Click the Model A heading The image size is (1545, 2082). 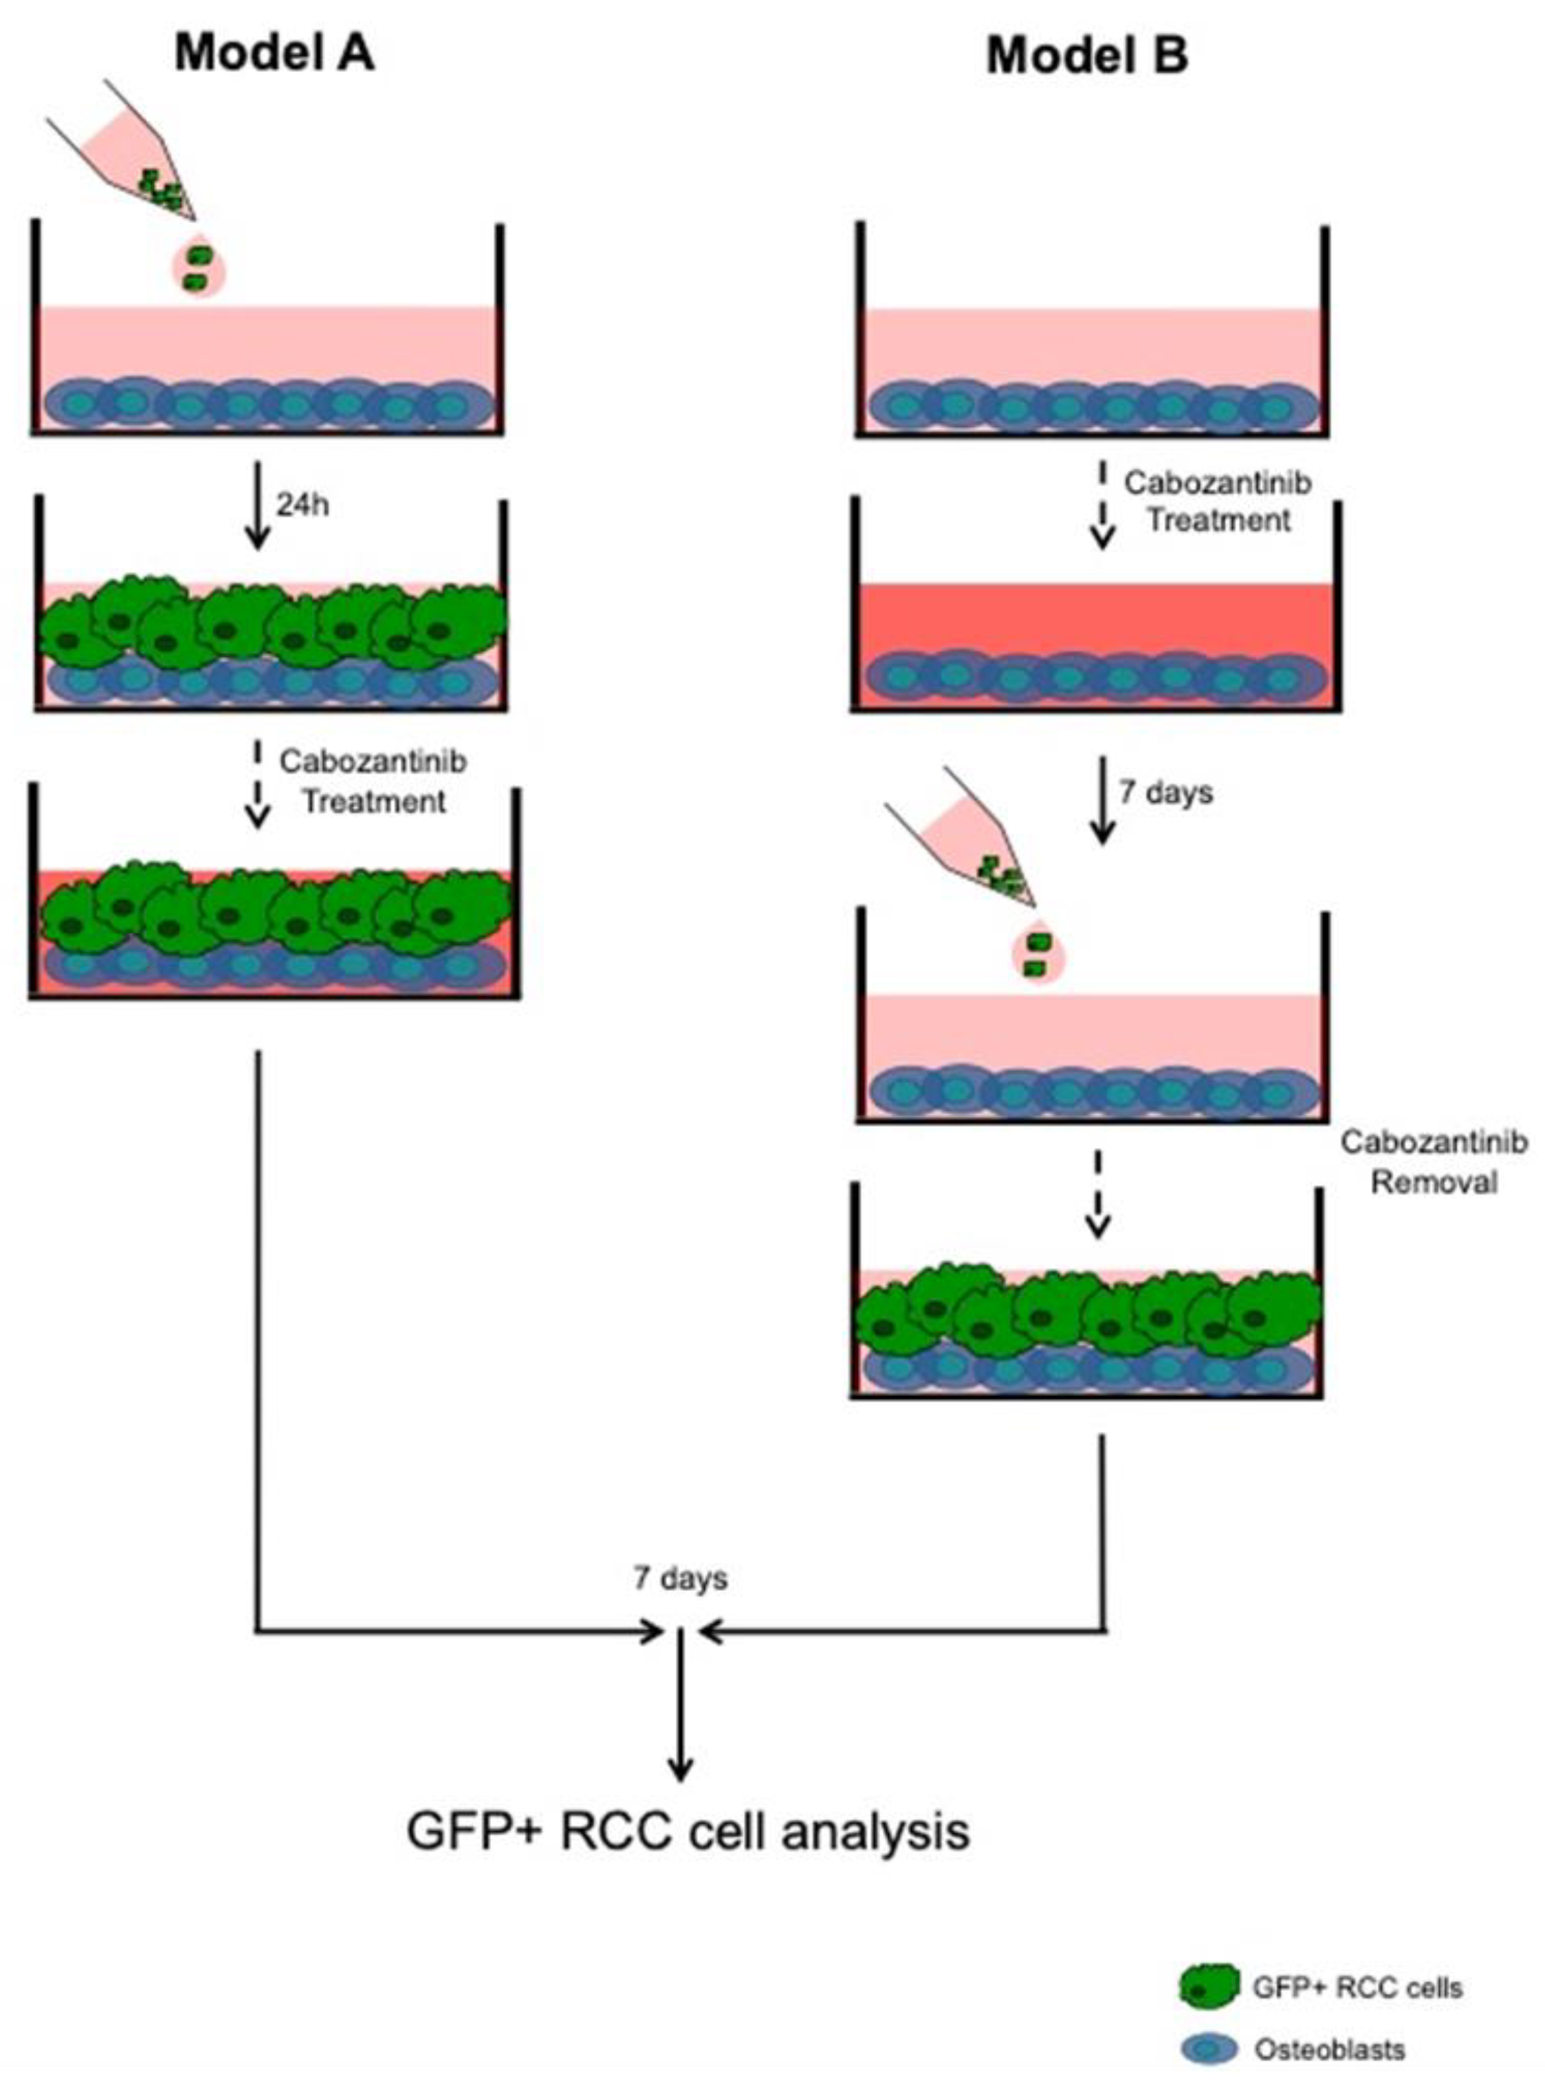click(x=274, y=54)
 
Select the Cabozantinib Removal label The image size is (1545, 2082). click(x=1433, y=1162)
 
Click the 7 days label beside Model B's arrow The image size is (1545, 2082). click(x=1165, y=792)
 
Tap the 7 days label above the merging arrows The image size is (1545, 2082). click(x=680, y=1578)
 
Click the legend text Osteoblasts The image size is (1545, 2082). click(x=1329, y=2049)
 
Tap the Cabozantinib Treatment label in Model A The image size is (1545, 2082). click(x=372, y=781)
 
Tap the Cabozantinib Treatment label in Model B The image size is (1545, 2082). click(x=1217, y=501)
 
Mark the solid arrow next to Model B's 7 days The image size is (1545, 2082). click(x=1104, y=800)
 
